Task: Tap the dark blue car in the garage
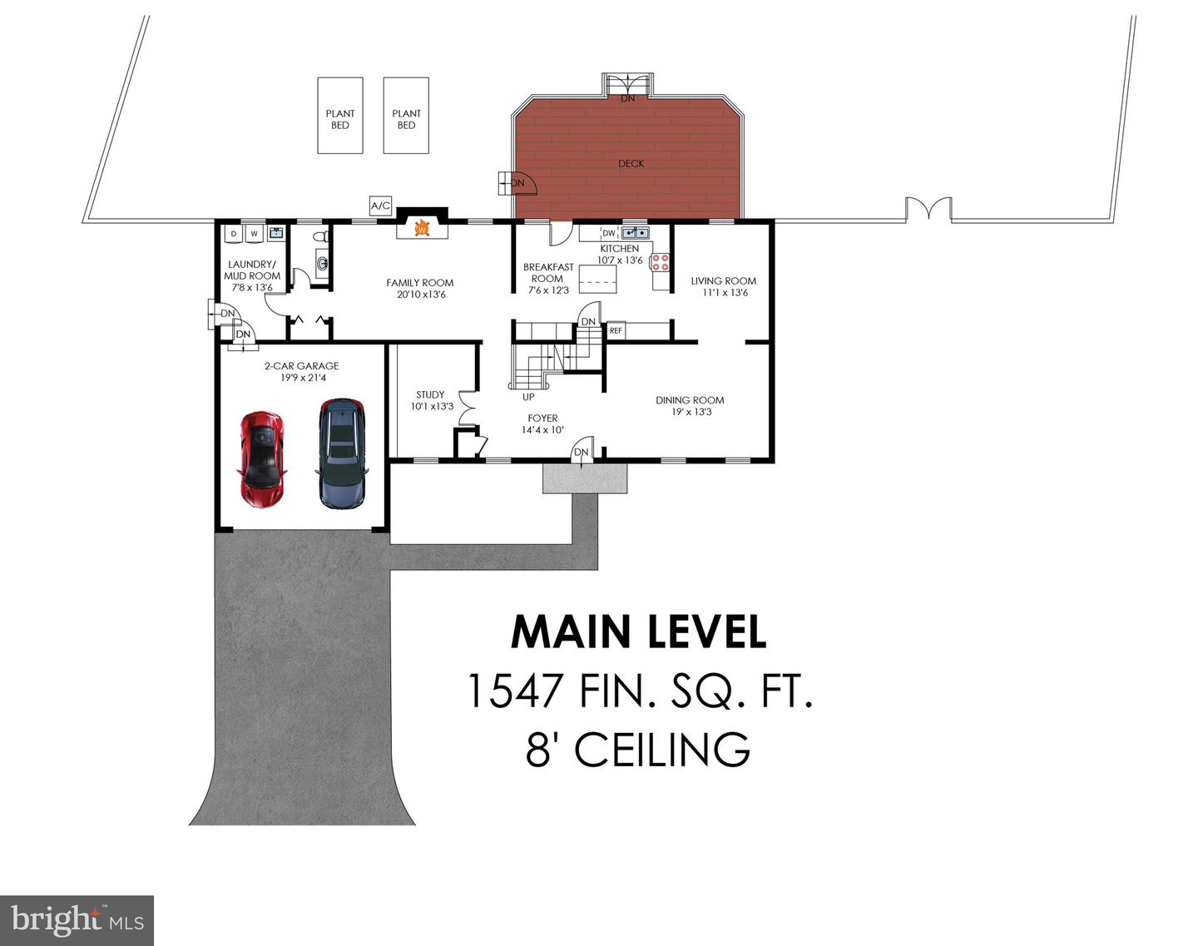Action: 342,453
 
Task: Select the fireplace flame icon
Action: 423,228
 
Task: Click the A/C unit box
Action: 381,206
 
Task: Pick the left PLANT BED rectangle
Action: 340,116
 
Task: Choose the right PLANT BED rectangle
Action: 406,116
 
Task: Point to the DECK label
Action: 631,164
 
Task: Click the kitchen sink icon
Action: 635,233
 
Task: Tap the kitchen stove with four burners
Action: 661,262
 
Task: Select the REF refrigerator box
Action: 616,331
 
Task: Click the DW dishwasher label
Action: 609,233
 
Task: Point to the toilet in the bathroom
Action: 321,236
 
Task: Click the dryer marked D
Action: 234,234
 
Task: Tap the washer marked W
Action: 255,234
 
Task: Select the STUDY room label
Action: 430,394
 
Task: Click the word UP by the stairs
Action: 528,397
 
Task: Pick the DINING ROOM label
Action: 690,400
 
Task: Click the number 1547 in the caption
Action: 515,691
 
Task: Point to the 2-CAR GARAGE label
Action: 302,366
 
